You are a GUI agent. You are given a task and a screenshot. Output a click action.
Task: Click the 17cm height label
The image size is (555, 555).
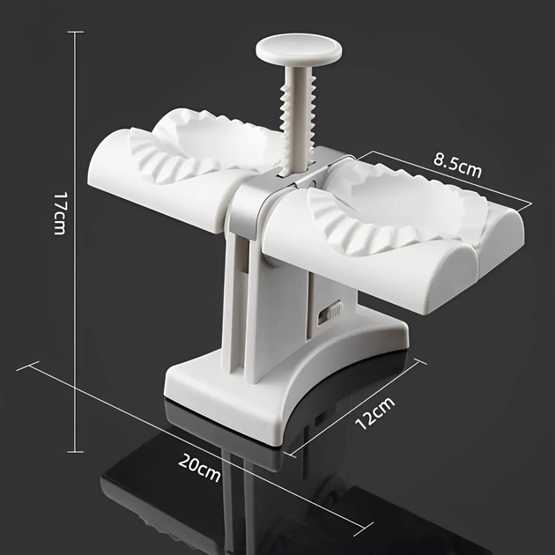coord(60,213)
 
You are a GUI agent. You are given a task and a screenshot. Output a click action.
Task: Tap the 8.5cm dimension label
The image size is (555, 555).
coord(458,166)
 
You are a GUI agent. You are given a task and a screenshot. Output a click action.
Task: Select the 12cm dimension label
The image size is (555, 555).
coord(374,412)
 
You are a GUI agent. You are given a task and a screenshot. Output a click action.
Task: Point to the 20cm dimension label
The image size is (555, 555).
coord(199,468)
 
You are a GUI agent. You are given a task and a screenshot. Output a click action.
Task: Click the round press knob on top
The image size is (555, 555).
coord(299,49)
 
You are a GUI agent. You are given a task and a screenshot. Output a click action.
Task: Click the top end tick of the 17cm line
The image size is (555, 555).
coord(76,32)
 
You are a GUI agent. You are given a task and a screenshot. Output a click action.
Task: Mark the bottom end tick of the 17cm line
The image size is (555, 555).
coord(76,452)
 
